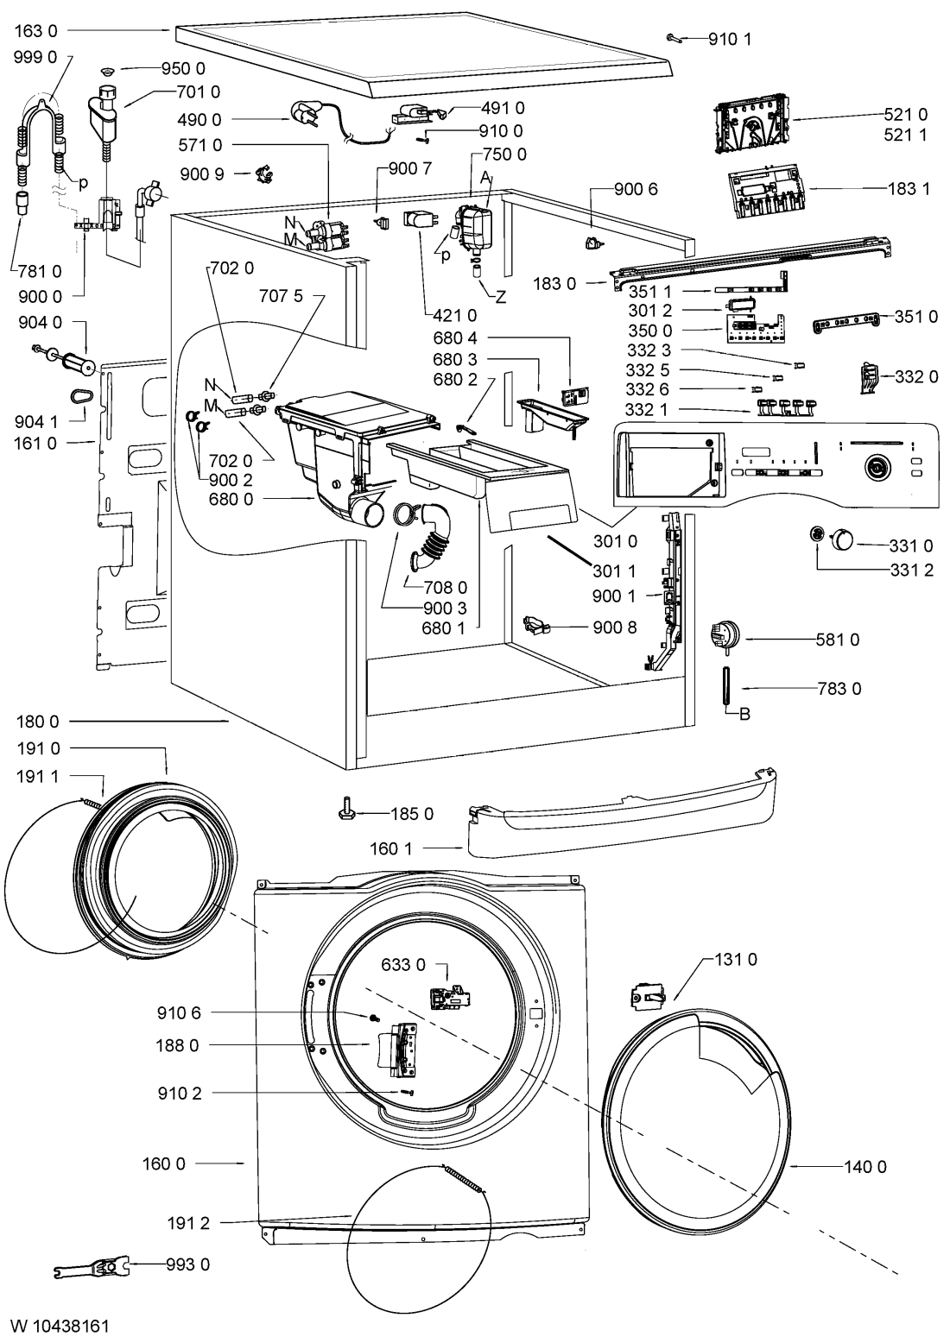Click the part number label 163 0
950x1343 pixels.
[37, 29]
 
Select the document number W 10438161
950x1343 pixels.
[60, 1325]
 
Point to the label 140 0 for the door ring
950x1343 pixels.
[866, 1167]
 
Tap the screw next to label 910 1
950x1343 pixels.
[674, 37]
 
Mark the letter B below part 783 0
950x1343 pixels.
[744, 714]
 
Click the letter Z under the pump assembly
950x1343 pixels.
[500, 296]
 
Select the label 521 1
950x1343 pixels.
[906, 136]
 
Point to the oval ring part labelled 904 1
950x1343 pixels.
[81, 395]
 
